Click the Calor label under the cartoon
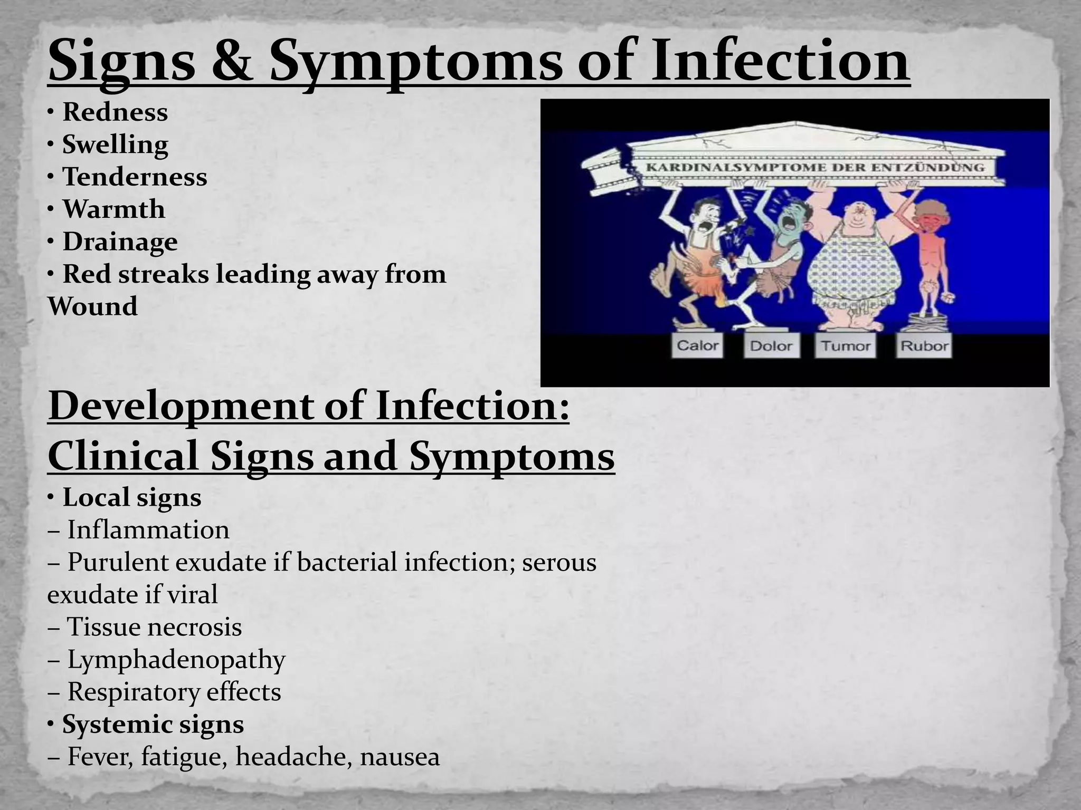697,346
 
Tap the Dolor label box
771,346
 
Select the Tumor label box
845,346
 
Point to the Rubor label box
924,346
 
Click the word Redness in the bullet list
115,112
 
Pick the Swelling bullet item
115,144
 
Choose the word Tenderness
135,177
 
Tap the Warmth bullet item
113,209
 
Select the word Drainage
120,242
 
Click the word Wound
92,306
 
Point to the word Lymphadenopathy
176,660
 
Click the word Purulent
117,562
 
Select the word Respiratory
133,692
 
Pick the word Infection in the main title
780,62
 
